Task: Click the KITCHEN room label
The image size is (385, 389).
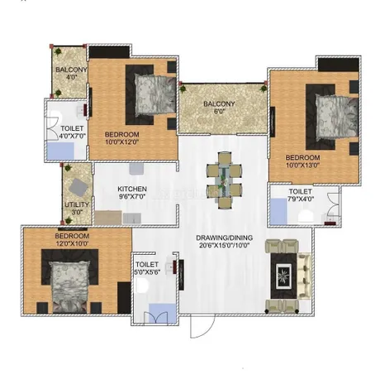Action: coord(132,189)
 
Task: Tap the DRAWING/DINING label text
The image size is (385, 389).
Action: coord(224,238)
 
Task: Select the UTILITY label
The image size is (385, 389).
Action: coord(77,204)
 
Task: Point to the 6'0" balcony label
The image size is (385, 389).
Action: coord(219,112)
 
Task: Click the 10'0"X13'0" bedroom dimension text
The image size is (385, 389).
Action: coord(302,166)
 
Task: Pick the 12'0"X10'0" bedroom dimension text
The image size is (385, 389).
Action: coord(72,243)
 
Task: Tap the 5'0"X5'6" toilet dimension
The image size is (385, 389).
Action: coord(147,272)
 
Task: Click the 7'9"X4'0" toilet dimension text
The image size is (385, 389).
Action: coord(301,199)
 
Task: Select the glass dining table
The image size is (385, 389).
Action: coord(225,180)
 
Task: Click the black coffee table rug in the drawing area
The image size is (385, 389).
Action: coord(283,276)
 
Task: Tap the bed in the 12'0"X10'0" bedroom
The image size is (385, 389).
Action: coord(70,287)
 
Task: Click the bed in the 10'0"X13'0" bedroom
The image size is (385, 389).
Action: coord(336,116)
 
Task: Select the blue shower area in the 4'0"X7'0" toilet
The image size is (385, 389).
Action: coord(60,151)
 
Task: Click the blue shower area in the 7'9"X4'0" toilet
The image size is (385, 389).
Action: coord(278,212)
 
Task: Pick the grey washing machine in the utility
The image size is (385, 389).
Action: coord(78,188)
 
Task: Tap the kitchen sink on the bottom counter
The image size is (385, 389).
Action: coord(132,219)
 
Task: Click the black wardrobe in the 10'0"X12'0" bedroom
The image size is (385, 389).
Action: coord(109,52)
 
